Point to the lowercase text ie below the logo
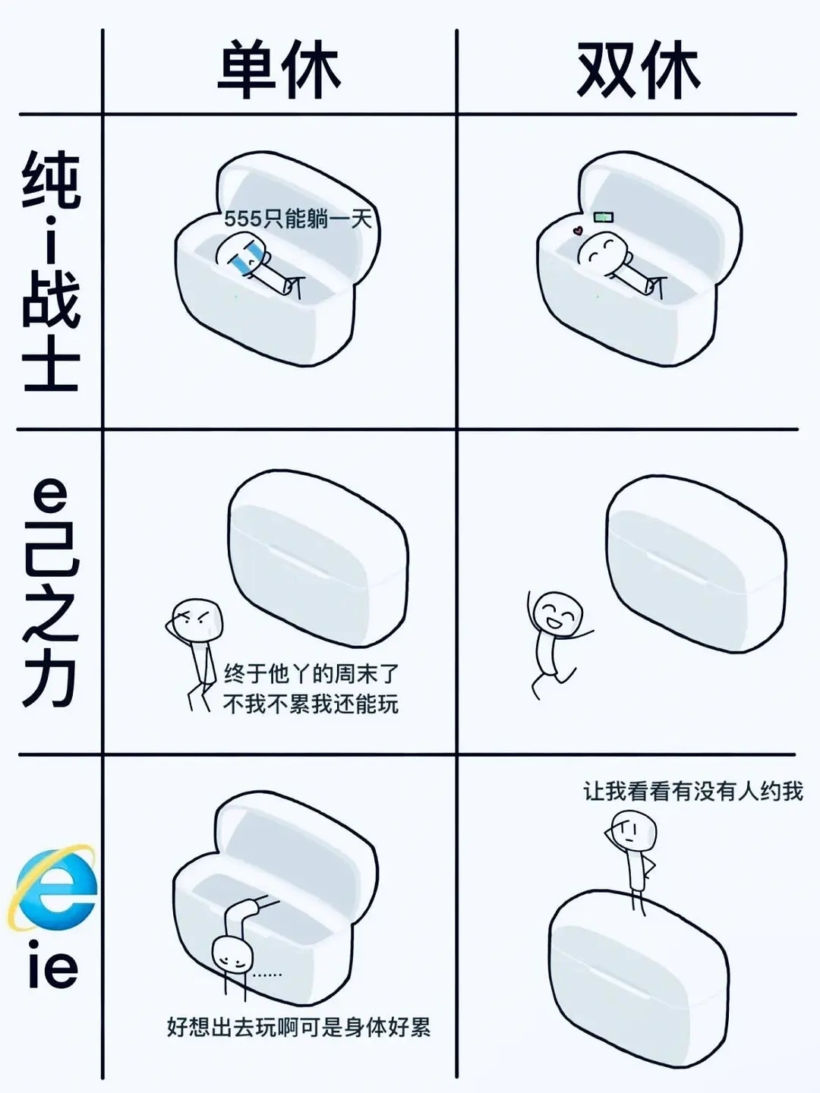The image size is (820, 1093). click(52, 965)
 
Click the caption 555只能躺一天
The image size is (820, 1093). click(298, 219)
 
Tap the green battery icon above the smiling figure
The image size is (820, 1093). click(604, 216)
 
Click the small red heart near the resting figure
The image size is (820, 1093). click(578, 230)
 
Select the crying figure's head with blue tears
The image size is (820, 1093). click(239, 253)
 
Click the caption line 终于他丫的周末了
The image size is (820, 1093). click(311, 673)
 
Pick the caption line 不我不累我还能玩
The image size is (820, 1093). click(311, 704)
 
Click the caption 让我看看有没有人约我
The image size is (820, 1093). click(693, 792)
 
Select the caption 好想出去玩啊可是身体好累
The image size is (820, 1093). click(298, 1028)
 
